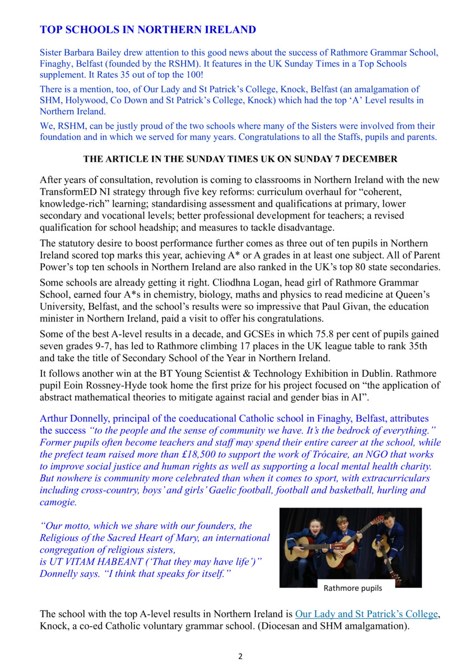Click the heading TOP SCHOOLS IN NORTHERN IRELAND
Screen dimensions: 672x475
point(148,30)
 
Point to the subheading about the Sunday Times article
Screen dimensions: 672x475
point(240,160)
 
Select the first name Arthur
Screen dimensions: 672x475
point(54,418)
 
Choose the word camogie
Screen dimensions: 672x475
point(58,502)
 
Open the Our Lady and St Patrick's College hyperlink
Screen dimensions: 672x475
point(366,614)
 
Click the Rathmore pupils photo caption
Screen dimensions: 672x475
point(353,588)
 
